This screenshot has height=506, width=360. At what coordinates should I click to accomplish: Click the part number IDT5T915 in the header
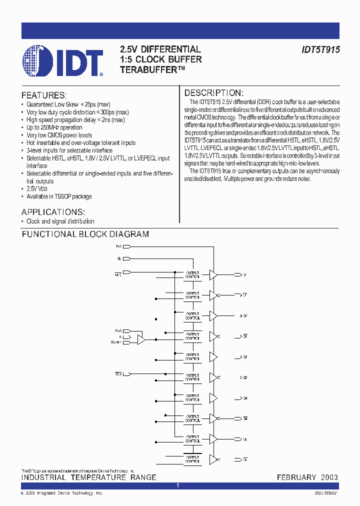coord(313,50)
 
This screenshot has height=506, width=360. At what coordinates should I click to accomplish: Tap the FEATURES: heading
coord(43,95)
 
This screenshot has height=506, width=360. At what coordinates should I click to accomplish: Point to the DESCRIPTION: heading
coord(213,93)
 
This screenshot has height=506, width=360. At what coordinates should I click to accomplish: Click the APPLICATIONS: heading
coord(53,211)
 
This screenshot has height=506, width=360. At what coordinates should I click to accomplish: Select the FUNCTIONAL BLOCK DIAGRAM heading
coord(85,234)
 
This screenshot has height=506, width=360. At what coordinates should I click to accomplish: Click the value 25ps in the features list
coord(94,105)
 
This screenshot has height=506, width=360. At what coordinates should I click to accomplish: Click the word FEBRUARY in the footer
coord(296,477)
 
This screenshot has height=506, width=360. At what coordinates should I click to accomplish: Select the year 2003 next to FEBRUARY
coord(329,477)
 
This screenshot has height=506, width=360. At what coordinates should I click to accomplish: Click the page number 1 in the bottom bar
coord(178,485)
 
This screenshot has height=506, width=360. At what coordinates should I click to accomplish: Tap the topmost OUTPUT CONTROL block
coord(192,275)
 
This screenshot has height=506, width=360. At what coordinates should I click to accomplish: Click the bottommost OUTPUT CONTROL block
coord(192,459)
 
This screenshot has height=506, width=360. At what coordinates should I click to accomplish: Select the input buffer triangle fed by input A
coord(141,339)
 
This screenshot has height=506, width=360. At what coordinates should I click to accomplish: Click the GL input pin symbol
coord(126,258)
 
